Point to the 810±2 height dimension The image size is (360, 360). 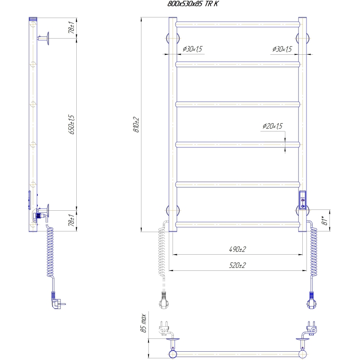pos(136,124)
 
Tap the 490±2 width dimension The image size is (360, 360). pos(237,250)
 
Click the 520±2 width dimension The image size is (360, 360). pos(237,265)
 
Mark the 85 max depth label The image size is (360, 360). pos(144,324)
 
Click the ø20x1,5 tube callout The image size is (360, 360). pos(272,126)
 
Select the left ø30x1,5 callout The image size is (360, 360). pos(192,49)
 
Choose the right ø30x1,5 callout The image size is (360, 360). pos(282,49)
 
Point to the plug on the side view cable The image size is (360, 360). pos(57,302)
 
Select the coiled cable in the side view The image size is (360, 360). pos(49,253)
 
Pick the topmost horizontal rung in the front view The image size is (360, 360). pos(237,24)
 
